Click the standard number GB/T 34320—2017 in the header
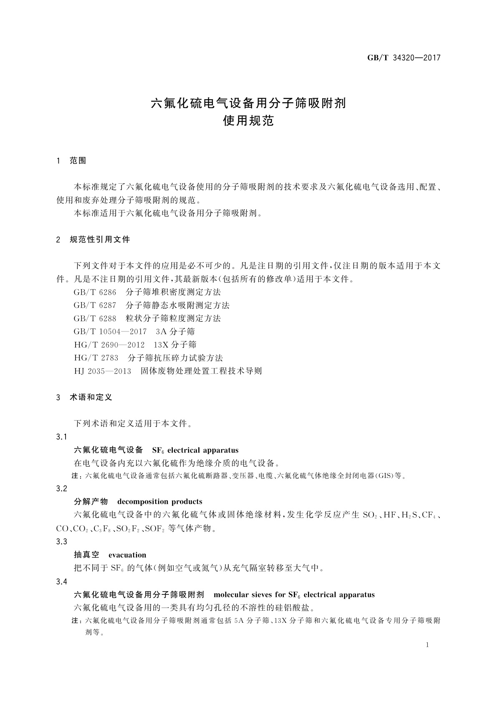404,58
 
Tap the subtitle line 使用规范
248,121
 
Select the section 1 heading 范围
78,161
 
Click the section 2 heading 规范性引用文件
100,240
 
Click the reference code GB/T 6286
95,292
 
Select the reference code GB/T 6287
95,305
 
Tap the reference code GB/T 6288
95,319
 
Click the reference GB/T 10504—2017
110,331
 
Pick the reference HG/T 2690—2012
109,345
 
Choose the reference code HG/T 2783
96,358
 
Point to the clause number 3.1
61,437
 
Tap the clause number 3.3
61,542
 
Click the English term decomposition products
160,502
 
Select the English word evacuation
127,555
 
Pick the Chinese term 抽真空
87,555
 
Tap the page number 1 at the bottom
428,645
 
